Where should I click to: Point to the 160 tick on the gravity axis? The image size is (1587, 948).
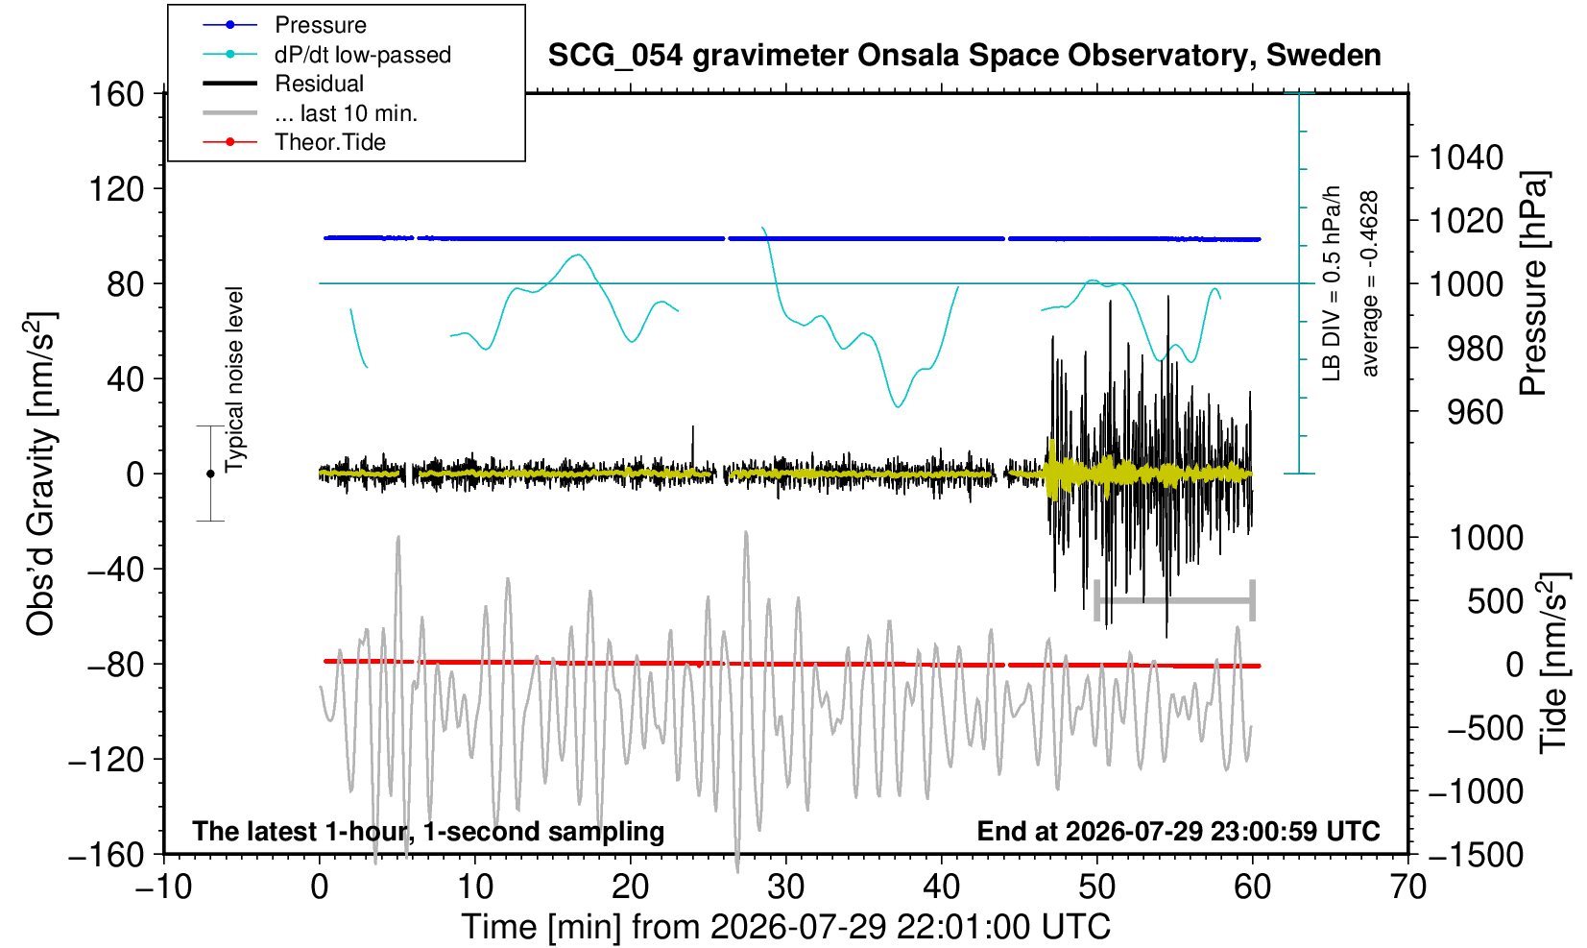click(116, 94)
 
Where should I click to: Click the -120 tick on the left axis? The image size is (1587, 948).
click(107, 760)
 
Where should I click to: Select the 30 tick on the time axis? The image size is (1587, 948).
click(785, 887)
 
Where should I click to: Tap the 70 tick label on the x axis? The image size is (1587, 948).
click(1407, 887)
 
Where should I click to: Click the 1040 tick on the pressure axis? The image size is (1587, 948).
click(1466, 158)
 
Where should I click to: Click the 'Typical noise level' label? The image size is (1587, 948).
click(234, 380)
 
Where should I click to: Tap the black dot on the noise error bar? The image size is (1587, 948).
click(210, 474)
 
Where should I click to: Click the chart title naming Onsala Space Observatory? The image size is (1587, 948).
click(964, 56)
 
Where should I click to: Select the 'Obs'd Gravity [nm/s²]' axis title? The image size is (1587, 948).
click(40, 474)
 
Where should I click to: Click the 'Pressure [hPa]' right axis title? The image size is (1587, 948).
click(1534, 283)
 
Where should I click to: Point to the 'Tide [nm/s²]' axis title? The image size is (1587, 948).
click(1554, 663)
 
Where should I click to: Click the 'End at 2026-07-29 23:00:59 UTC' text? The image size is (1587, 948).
click(1178, 831)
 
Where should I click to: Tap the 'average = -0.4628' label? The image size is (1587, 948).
click(1369, 283)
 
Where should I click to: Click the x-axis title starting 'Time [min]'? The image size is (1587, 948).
click(785, 927)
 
